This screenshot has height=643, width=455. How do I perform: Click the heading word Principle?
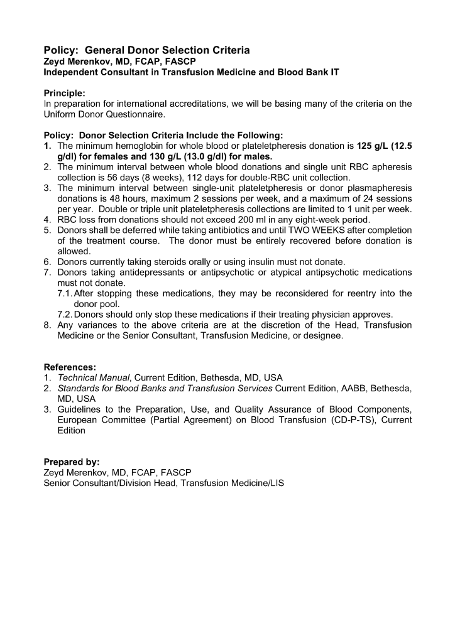click(x=64, y=93)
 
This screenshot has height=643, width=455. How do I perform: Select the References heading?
click(x=70, y=367)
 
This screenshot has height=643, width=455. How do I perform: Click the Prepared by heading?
click(x=71, y=462)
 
